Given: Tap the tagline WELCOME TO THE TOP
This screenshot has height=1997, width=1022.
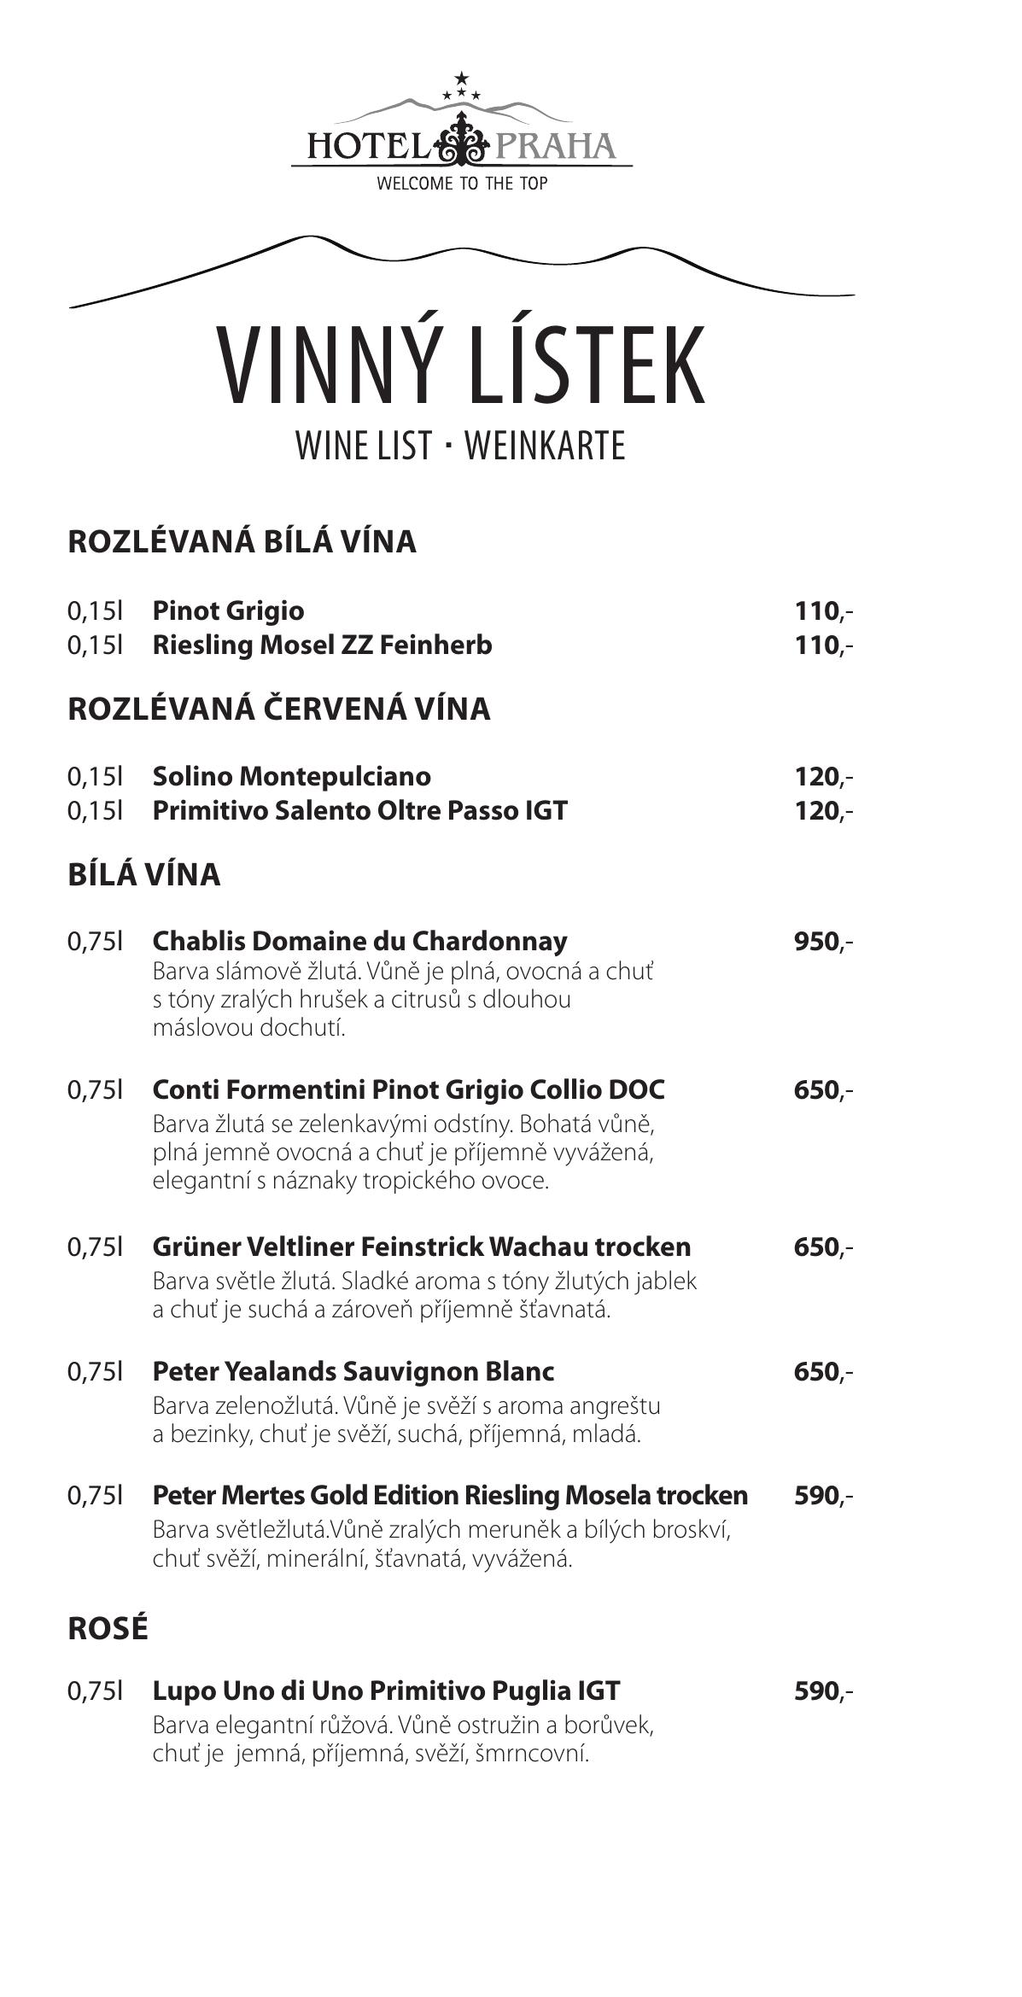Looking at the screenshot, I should tap(462, 184).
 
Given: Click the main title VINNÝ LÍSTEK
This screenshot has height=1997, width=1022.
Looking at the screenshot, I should tap(461, 365).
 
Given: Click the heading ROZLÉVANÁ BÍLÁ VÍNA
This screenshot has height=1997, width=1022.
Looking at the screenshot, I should tap(242, 541).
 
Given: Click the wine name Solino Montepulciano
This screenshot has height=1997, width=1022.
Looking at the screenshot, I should tap(291, 776).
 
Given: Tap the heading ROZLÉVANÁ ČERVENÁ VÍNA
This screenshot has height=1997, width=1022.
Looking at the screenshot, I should tap(279, 709).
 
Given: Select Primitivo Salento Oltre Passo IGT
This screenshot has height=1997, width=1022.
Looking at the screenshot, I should tap(359, 809).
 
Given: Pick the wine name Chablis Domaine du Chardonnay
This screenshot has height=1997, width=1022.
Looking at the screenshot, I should tap(359, 941).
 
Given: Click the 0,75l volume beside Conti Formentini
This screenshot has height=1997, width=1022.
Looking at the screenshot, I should tap(96, 1089).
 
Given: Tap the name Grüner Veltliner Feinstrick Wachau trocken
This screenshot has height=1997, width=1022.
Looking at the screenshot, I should tap(421, 1247).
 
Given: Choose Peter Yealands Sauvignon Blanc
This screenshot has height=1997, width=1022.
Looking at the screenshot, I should tap(353, 1371).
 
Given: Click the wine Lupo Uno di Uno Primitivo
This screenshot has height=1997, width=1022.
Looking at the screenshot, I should tap(386, 1690).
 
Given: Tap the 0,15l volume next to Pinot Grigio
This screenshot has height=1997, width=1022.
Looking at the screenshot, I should tap(96, 610).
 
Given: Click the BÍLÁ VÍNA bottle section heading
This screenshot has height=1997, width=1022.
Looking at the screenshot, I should tap(143, 874).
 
